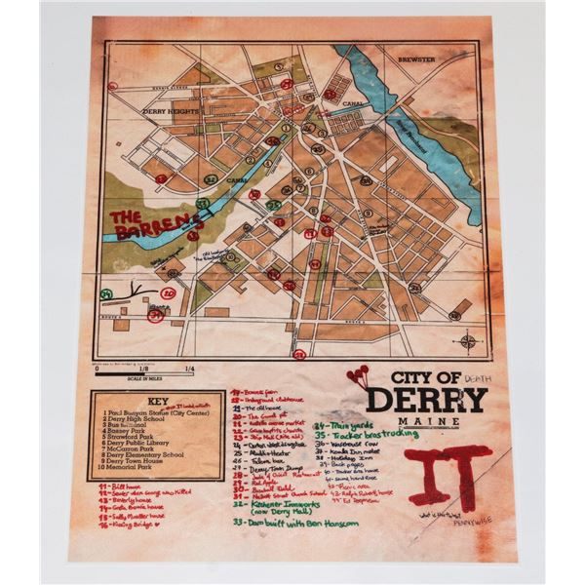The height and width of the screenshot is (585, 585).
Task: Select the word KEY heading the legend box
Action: (x=146, y=400)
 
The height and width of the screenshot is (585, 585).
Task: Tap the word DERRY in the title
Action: (x=426, y=400)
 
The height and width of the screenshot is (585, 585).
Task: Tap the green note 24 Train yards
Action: (x=340, y=425)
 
